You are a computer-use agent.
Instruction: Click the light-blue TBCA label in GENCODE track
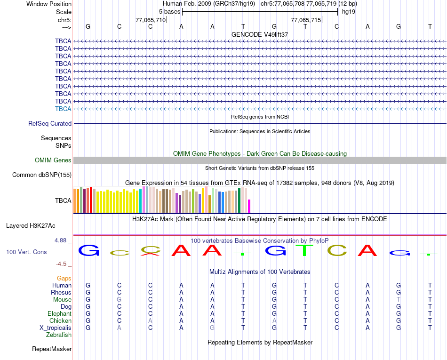(x=63, y=109)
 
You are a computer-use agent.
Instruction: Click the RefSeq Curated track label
(x=50, y=124)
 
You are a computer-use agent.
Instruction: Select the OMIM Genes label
(x=53, y=160)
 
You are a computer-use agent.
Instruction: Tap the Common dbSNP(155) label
(x=42, y=175)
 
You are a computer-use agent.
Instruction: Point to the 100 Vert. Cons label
(x=26, y=252)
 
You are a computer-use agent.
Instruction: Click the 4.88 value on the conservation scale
(x=60, y=240)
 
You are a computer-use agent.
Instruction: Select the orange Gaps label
(x=64, y=279)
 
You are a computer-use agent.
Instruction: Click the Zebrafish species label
(x=59, y=335)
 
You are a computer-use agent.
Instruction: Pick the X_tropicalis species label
(x=56, y=328)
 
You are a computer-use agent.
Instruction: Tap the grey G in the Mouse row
(x=119, y=300)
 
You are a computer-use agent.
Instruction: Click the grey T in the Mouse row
(x=399, y=300)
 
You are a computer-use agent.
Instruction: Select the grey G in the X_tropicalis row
(x=212, y=328)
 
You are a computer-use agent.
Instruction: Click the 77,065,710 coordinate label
(x=150, y=20)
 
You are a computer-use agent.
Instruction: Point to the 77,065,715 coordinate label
(x=306, y=20)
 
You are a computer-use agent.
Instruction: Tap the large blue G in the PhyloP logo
(x=88, y=250)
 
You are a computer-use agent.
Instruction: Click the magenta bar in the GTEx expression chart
(x=249, y=206)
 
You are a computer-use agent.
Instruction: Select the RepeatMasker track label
(x=52, y=349)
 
